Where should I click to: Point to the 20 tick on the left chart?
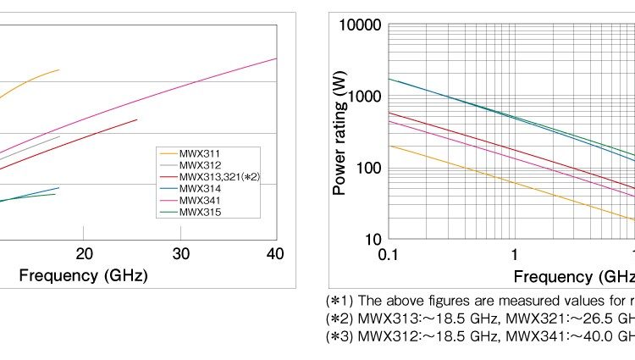point(84,254)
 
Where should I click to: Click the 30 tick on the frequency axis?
point(180,254)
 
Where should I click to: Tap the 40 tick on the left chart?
point(276,254)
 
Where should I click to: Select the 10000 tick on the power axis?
point(362,25)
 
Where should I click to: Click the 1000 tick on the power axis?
point(365,97)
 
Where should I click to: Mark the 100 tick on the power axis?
point(368,168)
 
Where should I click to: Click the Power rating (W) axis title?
point(340,134)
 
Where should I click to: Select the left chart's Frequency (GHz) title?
point(83,276)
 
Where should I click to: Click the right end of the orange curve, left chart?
point(59,69)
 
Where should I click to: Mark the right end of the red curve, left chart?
point(137,119)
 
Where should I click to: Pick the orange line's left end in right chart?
point(389,146)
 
